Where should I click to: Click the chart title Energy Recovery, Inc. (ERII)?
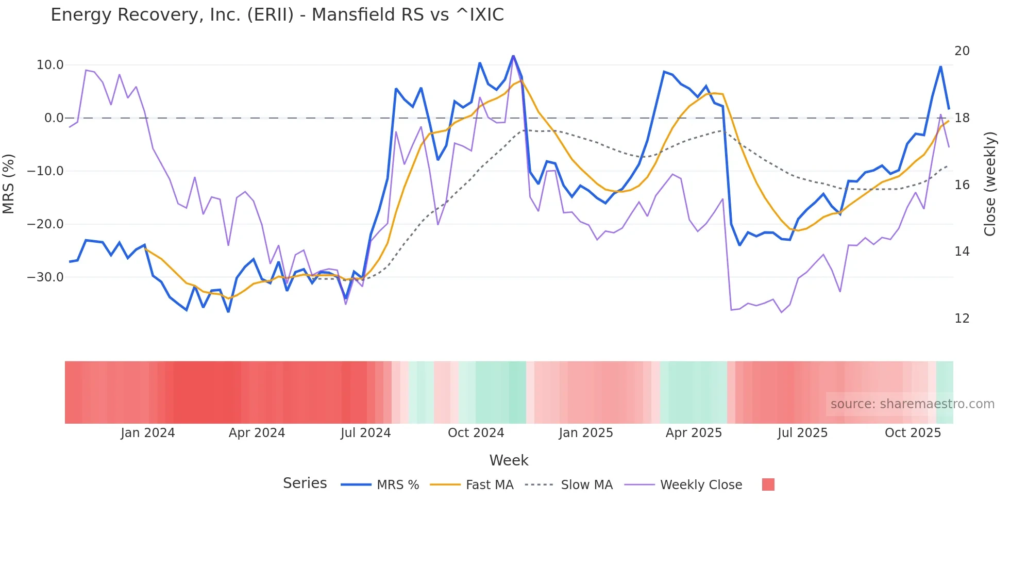[277, 15]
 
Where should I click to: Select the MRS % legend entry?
[397, 485]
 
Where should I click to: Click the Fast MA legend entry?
[489, 485]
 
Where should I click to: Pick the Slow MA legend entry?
[586, 485]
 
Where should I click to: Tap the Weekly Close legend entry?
[701, 485]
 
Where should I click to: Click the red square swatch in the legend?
[768, 485]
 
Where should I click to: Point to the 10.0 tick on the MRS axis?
[50, 65]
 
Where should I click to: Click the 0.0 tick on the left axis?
[54, 118]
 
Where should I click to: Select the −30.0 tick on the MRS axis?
[45, 277]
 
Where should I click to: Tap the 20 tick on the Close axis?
[962, 51]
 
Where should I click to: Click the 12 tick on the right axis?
[962, 319]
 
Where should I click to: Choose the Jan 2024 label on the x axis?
[148, 433]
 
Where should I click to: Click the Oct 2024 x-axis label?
[476, 433]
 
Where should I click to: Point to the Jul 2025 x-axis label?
[802, 433]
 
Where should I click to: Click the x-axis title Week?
[509, 460]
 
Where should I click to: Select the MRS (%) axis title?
[9, 183]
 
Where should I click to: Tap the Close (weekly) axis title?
[989, 184]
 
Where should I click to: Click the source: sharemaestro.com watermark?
[912, 404]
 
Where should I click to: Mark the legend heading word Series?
[305, 483]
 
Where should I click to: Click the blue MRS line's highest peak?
[513, 56]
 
